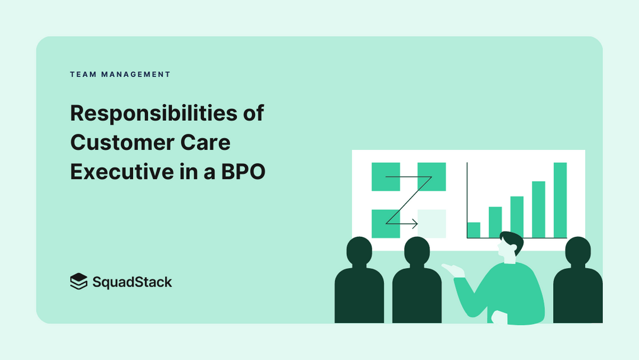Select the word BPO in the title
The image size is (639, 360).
[243, 172]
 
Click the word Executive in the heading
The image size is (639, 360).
[118, 172]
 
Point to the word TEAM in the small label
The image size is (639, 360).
[83, 75]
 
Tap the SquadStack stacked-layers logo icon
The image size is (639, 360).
[78, 281]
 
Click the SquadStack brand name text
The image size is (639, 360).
[132, 282]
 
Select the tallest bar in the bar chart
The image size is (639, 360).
[560, 200]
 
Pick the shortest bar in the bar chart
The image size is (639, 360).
[473, 230]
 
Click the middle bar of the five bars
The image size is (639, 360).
[517, 217]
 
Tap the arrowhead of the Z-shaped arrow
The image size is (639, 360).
[415, 224]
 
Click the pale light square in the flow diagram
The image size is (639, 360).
[431, 223]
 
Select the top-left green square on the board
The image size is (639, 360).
[386, 176]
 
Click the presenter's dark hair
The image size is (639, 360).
[512, 240]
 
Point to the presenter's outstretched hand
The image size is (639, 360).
[452, 270]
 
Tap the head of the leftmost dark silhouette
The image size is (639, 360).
[359, 252]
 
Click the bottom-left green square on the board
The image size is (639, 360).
[386, 223]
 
